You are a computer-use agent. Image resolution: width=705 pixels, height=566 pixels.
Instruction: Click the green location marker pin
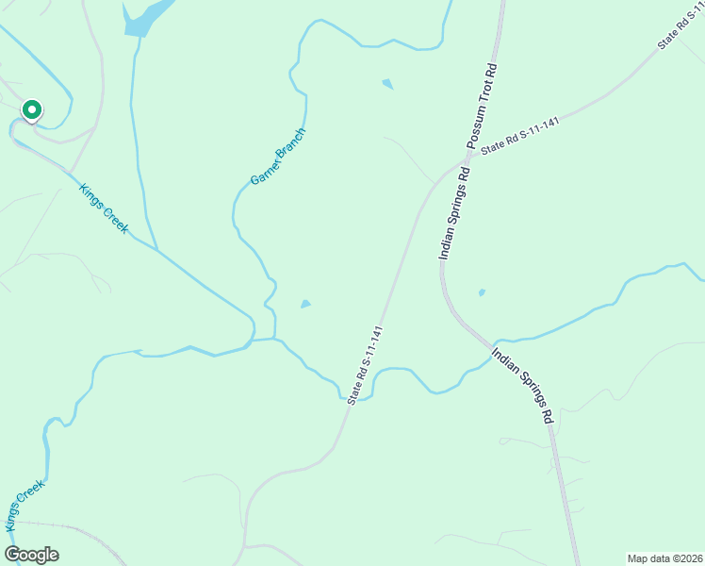31,111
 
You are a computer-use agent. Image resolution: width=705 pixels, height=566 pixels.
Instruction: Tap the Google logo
32,555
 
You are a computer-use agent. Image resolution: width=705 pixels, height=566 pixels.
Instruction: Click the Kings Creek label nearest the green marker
103,208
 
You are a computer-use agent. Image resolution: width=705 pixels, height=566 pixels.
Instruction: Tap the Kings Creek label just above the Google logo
24,505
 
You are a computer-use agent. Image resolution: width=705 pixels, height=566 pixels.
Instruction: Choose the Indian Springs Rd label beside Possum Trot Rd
453,213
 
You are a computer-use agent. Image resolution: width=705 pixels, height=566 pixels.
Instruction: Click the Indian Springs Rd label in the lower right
521,383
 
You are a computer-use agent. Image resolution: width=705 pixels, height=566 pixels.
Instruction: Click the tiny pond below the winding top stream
387,84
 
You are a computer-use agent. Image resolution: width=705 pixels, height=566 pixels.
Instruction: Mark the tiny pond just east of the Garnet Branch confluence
304,304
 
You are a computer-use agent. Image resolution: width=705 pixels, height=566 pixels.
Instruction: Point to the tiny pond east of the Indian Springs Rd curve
482,292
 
